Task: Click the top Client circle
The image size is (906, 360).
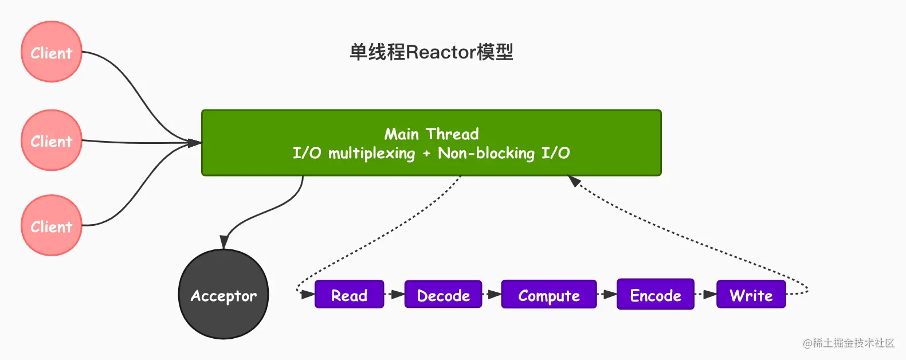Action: tap(52, 52)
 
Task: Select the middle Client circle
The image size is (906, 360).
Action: tap(52, 140)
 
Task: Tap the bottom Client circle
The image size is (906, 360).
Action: tap(52, 226)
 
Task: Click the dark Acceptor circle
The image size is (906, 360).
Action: tap(223, 295)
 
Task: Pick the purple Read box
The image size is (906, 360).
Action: tap(349, 295)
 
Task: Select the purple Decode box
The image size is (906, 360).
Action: tap(443, 295)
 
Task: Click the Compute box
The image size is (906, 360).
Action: tap(548, 295)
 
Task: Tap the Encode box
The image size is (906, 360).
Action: tap(655, 295)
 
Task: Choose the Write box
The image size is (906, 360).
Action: tap(751, 295)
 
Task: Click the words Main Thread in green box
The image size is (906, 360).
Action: tap(431, 134)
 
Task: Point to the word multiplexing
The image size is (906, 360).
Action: tap(371, 153)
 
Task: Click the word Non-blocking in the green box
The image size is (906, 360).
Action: tap(486, 153)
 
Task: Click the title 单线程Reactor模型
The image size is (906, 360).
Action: tap(431, 52)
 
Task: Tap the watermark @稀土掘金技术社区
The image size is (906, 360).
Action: tap(848, 343)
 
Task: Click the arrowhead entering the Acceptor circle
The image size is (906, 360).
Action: tap(225, 242)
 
